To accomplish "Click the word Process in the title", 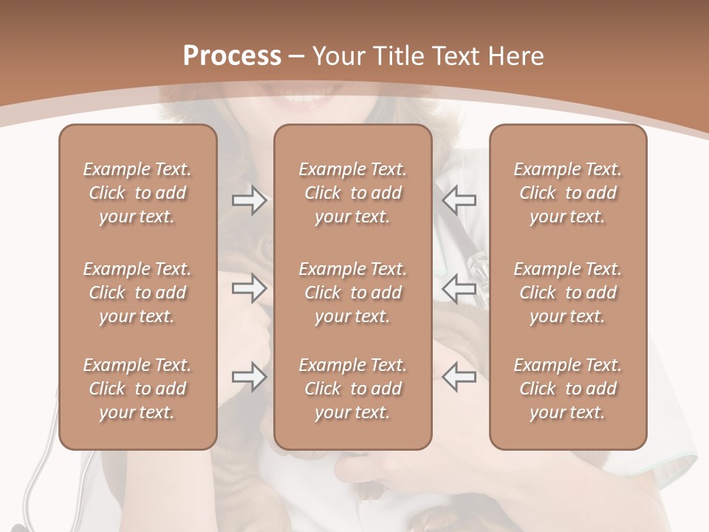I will (x=232, y=55).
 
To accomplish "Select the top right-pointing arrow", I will (x=249, y=200).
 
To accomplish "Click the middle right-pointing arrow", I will (x=249, y=289).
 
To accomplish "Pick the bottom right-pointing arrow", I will (x=249, y=377).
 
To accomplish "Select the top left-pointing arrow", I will (x=459, y=200).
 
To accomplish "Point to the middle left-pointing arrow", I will (x=459, y=289).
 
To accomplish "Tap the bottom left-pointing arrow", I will (x=459, y=377).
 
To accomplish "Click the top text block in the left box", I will (x=137, y=193).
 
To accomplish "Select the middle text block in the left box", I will (x=137, y=293).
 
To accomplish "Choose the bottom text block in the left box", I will (x=137, y=389).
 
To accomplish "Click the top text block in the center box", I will (x=352, y=193).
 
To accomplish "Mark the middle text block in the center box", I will (x=352, y=293).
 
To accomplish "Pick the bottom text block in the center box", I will (x=352, y=389).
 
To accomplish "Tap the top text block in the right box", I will (x=568, y=193).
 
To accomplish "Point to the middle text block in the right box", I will (x=568, y=293).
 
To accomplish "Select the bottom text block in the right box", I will (x=568, y=389).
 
